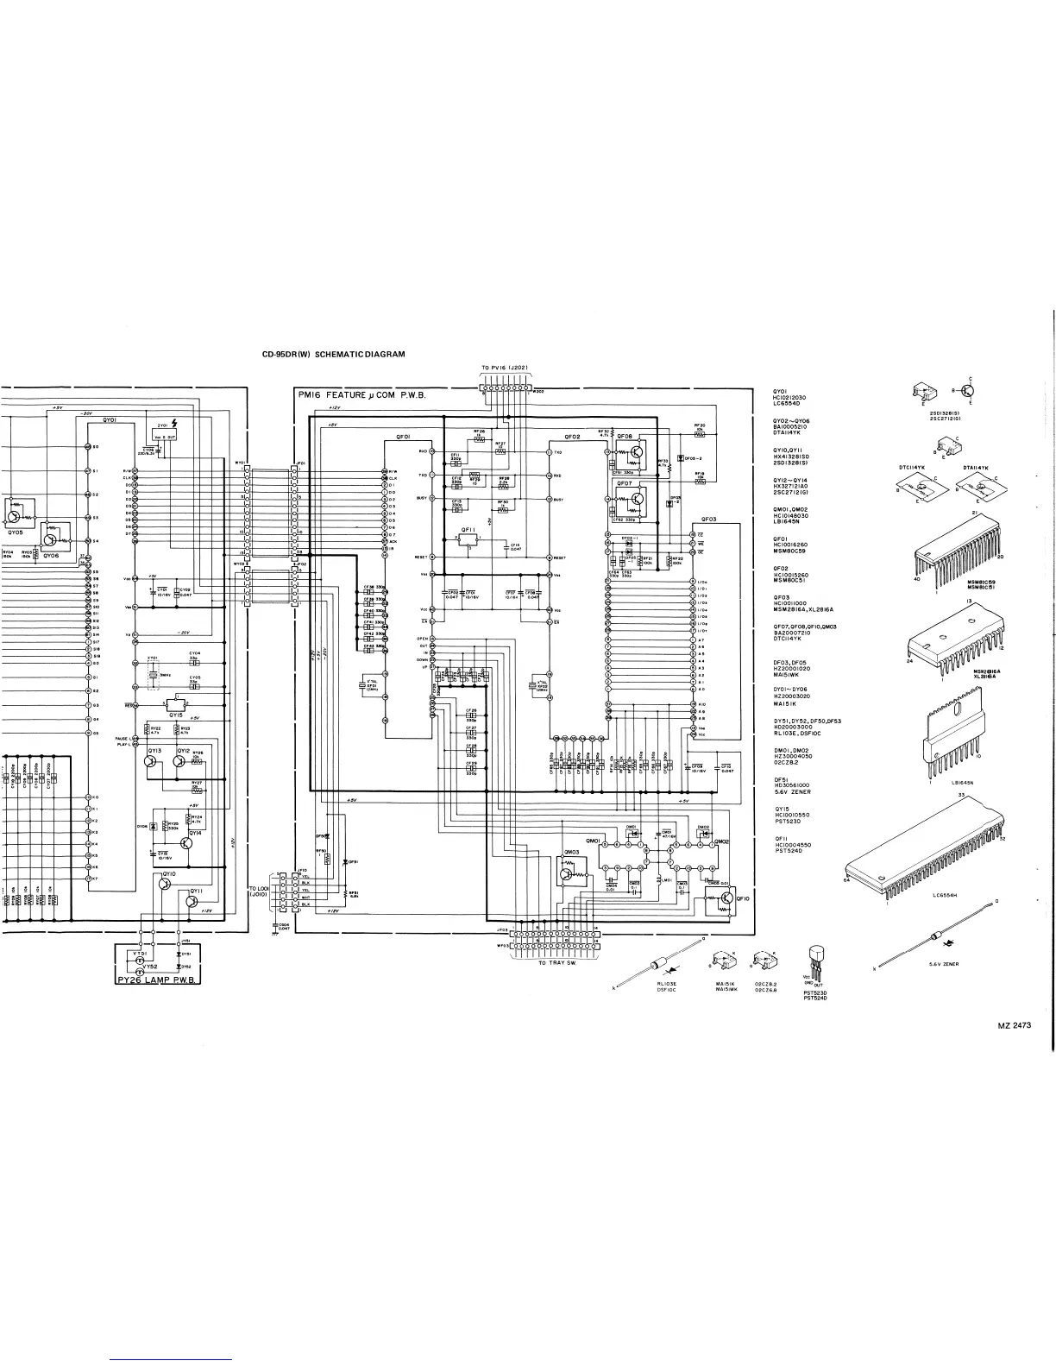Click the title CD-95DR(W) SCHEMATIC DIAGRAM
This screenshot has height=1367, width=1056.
point(333,354)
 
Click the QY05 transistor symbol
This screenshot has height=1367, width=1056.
point(15,516)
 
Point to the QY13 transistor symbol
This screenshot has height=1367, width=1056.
point(155,762)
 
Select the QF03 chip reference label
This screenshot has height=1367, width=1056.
point(708,520)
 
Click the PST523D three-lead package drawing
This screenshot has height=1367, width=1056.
point(815,961)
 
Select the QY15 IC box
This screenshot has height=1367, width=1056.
point(176,702)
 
